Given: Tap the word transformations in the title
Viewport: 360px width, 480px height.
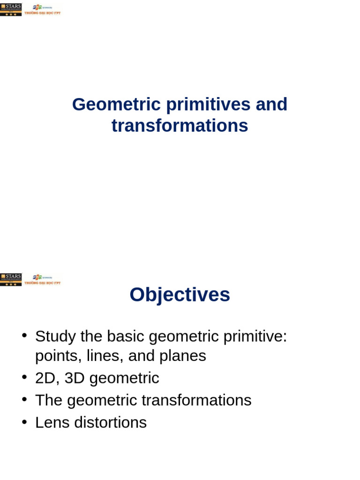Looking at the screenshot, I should [x=180, y=126].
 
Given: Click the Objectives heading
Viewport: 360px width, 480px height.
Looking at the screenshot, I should [x=180, y=295].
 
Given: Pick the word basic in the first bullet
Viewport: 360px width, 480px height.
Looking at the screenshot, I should [x=125, y=336].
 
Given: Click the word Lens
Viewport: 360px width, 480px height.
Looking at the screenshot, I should [x=51, y=422].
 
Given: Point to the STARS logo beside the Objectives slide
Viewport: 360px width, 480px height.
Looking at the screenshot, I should [x=11, y=279].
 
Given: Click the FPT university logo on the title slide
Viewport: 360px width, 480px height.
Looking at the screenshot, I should [x=43, y=9].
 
